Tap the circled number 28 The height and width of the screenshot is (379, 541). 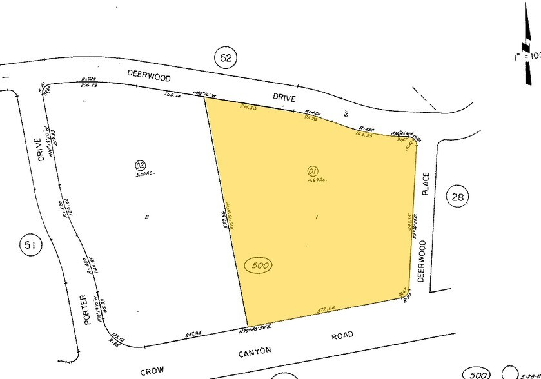click(457, 197)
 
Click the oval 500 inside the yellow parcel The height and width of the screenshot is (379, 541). click(259, 265)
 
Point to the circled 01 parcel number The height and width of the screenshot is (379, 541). click(313, 171)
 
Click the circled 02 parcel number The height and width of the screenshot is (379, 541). click(140, 164)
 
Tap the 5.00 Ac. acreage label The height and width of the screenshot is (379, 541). click(140, 174)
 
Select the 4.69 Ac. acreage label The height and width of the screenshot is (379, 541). click(313, 180)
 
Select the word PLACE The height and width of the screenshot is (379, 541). click(425, 184)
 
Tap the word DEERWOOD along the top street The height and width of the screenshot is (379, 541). click(149, 77)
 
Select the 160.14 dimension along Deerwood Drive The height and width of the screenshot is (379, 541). click(174, 95)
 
